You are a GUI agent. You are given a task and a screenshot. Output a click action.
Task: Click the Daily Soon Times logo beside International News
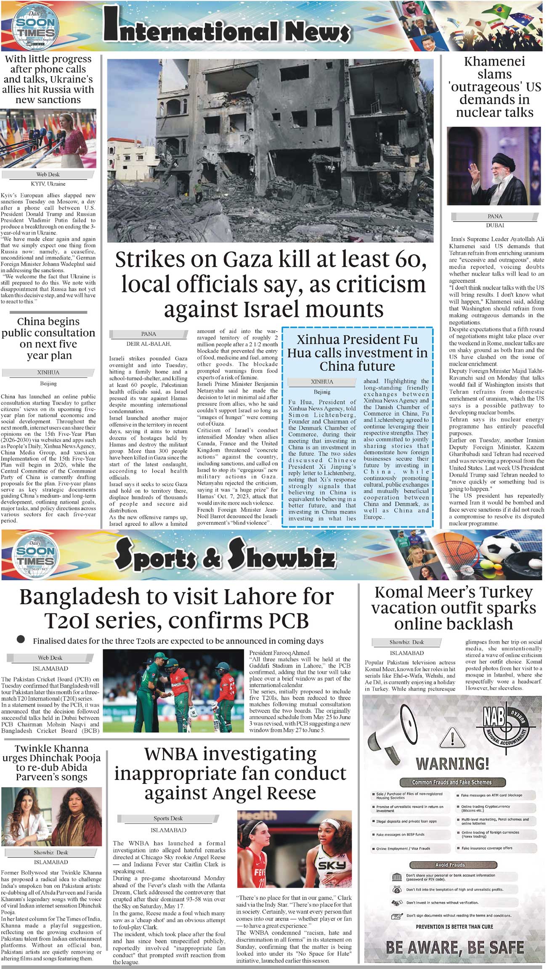[x=35, y=27]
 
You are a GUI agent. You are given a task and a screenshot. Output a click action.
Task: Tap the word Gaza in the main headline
[x=246, y=260]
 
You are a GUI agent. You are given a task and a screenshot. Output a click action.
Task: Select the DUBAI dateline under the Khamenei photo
[x=495, y=225]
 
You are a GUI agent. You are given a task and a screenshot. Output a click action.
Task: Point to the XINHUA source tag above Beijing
[x=48, y=372]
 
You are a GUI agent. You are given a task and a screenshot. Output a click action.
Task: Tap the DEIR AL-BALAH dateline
[x=149, y=344]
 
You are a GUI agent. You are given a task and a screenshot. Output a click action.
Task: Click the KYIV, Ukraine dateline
[x=48, y=184]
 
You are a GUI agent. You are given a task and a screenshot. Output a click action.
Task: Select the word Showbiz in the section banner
[x=282, y=555]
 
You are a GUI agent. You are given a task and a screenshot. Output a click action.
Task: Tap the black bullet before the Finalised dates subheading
[x=21, y=640]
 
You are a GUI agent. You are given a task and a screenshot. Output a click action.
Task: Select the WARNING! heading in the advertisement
[x=452, y=764]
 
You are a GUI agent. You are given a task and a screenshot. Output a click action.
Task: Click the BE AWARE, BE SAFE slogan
[x=454, y=948]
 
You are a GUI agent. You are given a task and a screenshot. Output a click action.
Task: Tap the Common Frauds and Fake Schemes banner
[x=451, y=782]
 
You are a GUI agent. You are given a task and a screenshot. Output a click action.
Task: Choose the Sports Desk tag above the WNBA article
[x=168, y=818]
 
